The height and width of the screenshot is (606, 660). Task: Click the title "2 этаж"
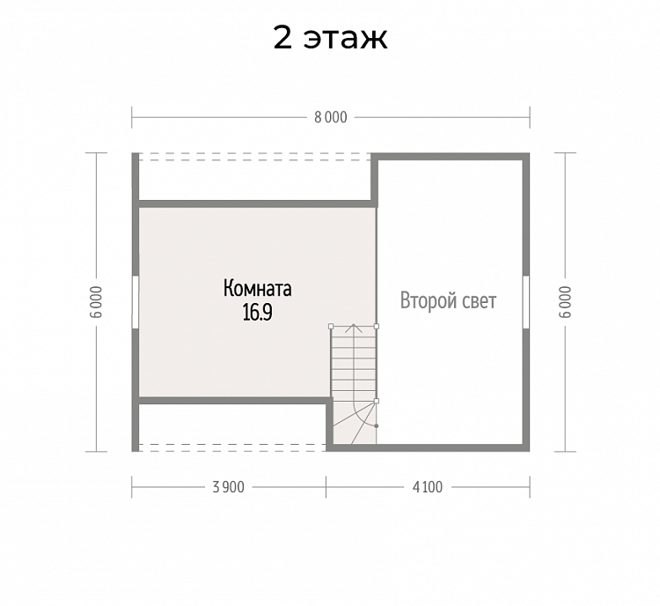pyautogui.click(x=330, y=38)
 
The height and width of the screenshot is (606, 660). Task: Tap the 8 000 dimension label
pyautogui.click(x=331, y=117)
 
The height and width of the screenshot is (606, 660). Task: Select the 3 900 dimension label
pyautogui.click(x=228, y=487)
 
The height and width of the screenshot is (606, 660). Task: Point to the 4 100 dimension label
pyautogui.click(x=428, y=487)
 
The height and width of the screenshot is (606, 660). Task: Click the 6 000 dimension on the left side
pyautogui.click(x=97, y=302)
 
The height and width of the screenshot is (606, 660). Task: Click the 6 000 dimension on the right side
pyautogui.click(x=566, y=302)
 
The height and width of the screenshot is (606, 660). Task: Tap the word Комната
pyautogui.click(x=257, y=289)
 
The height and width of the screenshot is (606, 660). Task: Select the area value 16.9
pyautogui.click(x=257, y=313)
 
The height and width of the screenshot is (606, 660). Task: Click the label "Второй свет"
pyautogui.click(x=448, y=301)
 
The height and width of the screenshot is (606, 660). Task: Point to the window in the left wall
pyautogui.click(x=136, y=302)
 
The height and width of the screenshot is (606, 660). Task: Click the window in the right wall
pyautogui.click(x=526, y=302)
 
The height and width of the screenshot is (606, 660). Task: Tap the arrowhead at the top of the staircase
pyautogui.click(x=354, y=326)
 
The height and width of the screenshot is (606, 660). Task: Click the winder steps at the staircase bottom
pyautogui.click(x=354, y=422)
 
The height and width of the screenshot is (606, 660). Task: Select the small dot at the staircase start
pyautogui.click(x=377, y=426)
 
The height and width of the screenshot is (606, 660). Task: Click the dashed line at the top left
pyautogui.click(x=254, y=157)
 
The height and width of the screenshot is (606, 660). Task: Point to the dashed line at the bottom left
pyautogui.click(x=232, y=447)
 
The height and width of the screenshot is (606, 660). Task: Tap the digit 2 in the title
pyautogui.click(x=282, y=38)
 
